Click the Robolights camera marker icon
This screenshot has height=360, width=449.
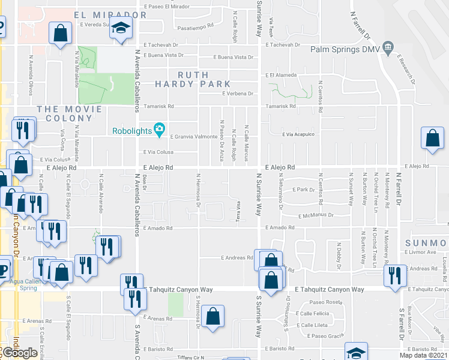tap(159, 128)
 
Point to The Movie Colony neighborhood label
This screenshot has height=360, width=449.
tap(64, 113)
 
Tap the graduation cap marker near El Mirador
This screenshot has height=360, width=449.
tap(122, 28)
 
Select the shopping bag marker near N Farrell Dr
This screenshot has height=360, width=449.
tap(432, 139)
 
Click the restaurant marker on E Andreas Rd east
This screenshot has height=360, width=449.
tap(395, 276)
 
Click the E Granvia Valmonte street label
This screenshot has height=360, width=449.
tap(194, 136)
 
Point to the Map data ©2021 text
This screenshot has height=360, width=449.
tap(423, 356)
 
